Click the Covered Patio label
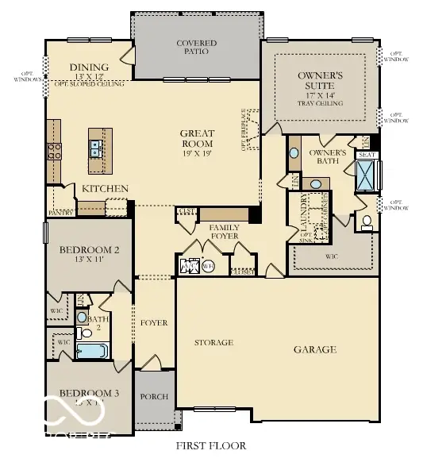pyautogui.click(x=196, y=48)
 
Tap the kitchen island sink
pyautogui.click(x=94, y=145)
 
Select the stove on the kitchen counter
pyautogui.click(x=54, y=151)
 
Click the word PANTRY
pyautogui.click(x=61, y=213)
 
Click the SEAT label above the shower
pyautogui.click(x=366, y=155)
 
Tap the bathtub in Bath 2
pyautogui.click(x=92, y=350)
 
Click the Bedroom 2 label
pyautogui.click(x=90, y=251)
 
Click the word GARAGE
pyautogui.click(x=315, y=349)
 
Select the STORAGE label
pyautogui.click(x=214, y=343)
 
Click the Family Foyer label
pyautogui.click(x=225, y=232)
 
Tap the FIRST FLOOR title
pyautogui.click(x=211, y=445)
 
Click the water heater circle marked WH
pyautogui.click(x=208, y=267)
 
